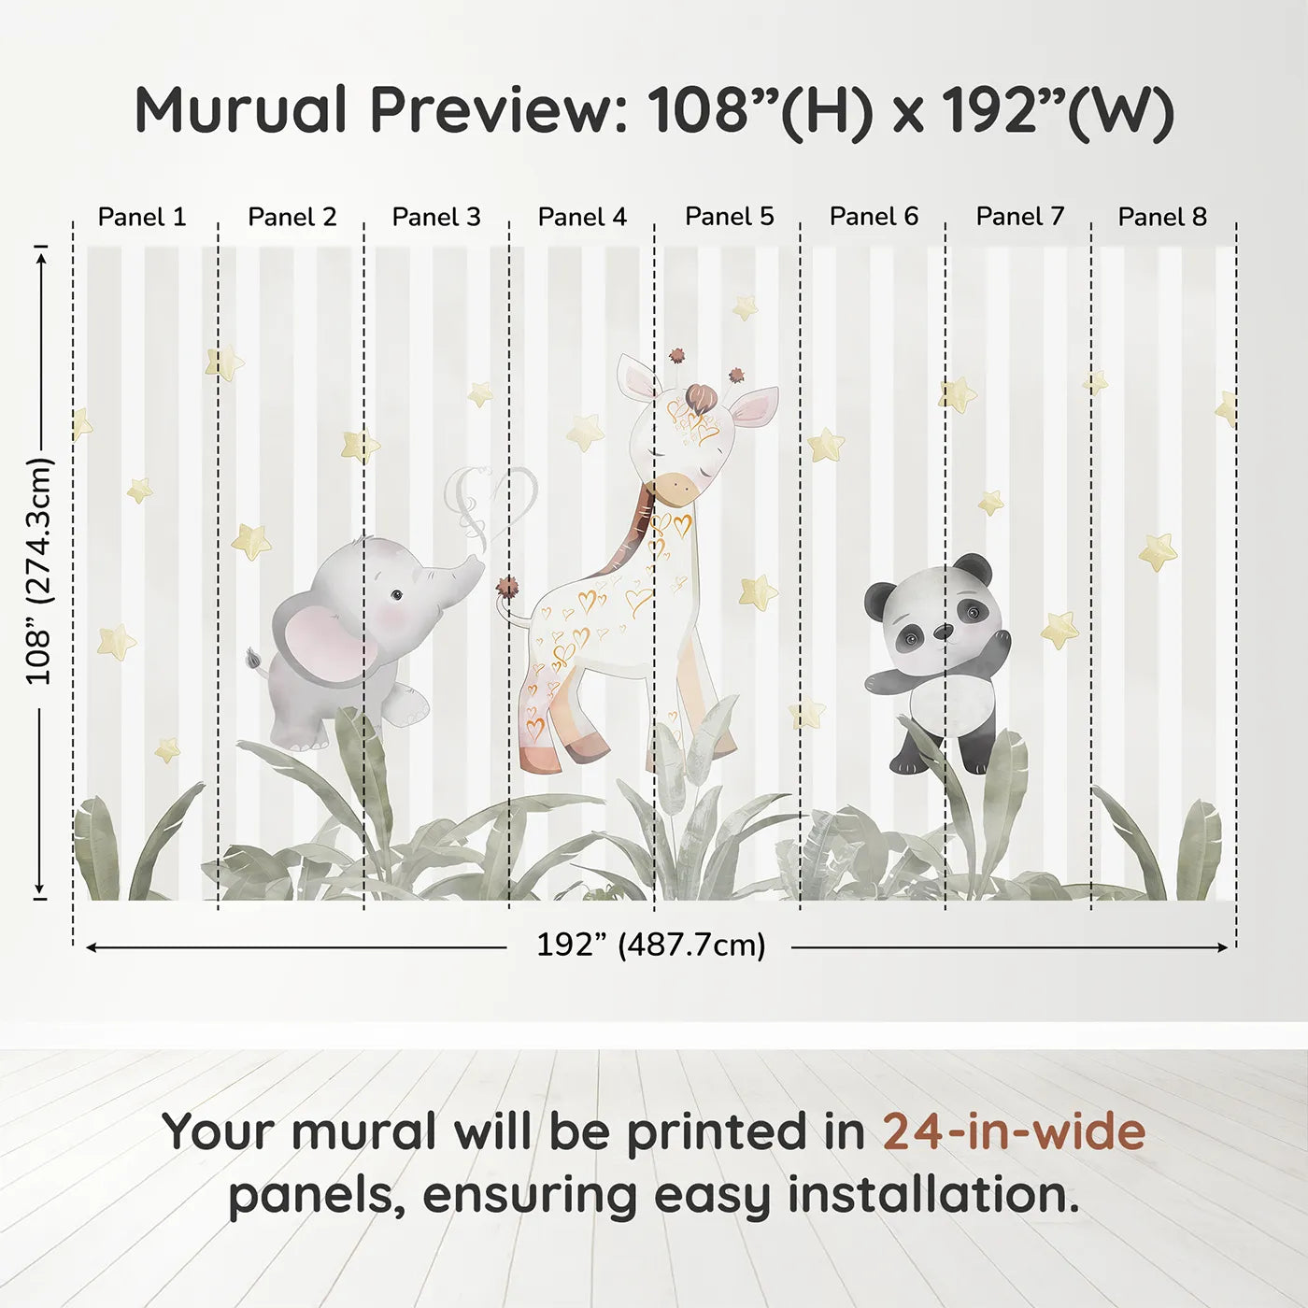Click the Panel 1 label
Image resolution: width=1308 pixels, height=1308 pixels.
click(142, 217)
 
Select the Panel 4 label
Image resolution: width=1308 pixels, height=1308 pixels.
click(582, 217)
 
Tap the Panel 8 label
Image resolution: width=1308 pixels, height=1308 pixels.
click(1162, 217)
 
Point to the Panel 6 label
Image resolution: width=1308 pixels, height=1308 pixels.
click(874, 217)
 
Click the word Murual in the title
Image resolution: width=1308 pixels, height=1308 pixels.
click(241, 110)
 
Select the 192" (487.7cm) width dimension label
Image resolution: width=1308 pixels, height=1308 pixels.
click(650, 945)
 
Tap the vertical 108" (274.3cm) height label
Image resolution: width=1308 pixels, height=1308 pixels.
click(39, 571)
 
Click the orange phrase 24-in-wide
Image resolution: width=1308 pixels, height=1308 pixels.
click(1014, 1131)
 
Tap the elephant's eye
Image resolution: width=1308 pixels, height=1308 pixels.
click(396, 594)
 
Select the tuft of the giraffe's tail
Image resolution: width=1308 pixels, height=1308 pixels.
click(507, 590)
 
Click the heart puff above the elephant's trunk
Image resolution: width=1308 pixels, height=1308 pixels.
click(492, 500)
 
